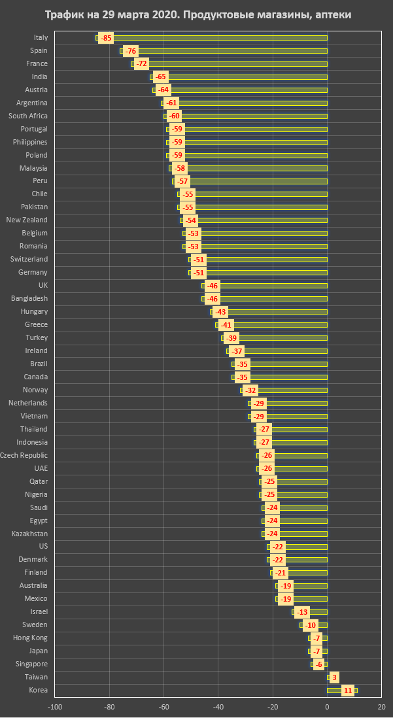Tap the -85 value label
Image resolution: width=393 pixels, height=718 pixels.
106,38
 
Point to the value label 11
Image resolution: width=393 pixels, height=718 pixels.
348,690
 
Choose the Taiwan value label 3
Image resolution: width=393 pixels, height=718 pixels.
334,677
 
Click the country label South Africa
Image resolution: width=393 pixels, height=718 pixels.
27,116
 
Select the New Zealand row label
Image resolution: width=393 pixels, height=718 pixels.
27,220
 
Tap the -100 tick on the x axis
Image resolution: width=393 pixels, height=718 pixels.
55,706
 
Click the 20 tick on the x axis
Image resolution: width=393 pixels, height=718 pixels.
381,706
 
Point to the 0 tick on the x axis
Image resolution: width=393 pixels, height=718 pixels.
327,706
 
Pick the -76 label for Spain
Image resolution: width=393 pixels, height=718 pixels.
131,51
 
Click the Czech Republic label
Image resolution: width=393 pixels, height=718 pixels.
24,455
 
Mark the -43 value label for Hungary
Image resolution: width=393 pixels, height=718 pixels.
220,312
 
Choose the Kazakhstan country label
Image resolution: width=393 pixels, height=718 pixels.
29,534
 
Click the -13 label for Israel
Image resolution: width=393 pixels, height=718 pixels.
301,612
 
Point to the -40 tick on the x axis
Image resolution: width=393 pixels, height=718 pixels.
218,706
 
